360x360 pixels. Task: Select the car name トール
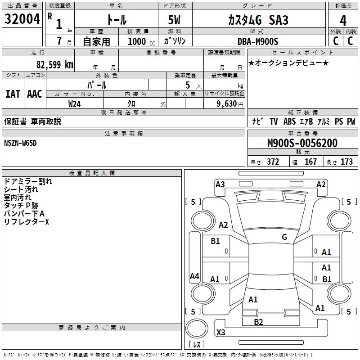coord(116,20)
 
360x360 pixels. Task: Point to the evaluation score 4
coord(343,20)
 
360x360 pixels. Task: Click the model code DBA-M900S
coord(258,41)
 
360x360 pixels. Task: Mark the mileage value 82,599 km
coord(54,64)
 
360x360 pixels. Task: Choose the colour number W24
coord(75,103)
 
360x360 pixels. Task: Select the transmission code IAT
coord(13,94)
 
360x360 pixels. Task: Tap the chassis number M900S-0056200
coord(302,143)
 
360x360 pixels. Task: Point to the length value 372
coord(273,162)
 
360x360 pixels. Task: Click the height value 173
coord(346,162)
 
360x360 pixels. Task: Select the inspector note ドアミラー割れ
coord(28,181)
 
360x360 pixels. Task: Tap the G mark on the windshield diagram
coord(284,237)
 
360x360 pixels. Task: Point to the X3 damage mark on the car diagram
coord(221,333)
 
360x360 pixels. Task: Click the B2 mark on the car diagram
coord(258,322)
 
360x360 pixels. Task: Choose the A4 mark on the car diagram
coord(194,276)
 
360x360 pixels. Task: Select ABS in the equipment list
coord(289,121)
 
